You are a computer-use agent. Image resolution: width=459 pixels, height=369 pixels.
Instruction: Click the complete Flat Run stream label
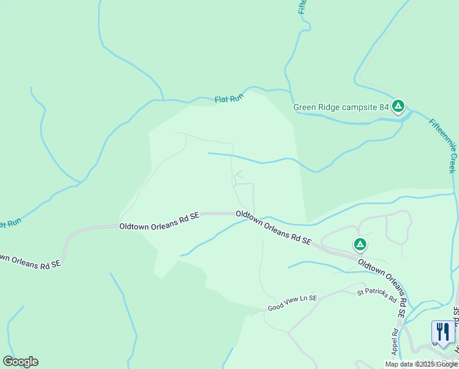[229, 98]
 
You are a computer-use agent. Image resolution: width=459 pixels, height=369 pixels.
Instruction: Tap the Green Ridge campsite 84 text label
[341, 107]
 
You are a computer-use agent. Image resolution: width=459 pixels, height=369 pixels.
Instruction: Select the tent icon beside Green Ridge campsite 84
[398, 107]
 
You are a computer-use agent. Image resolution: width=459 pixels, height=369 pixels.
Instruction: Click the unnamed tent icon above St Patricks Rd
[360, 245]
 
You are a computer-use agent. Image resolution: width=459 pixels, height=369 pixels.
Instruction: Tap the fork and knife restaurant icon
[442, 331]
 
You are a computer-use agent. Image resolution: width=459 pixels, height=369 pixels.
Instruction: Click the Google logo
[20, 362]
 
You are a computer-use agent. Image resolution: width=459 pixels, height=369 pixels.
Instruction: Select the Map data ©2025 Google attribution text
[421, 364]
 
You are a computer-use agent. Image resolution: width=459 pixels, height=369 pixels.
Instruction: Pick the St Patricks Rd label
[376, 296]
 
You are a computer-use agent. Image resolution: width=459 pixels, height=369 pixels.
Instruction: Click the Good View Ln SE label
[292, 303]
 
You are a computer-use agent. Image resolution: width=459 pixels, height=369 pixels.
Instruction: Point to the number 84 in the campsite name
[384, 107]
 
